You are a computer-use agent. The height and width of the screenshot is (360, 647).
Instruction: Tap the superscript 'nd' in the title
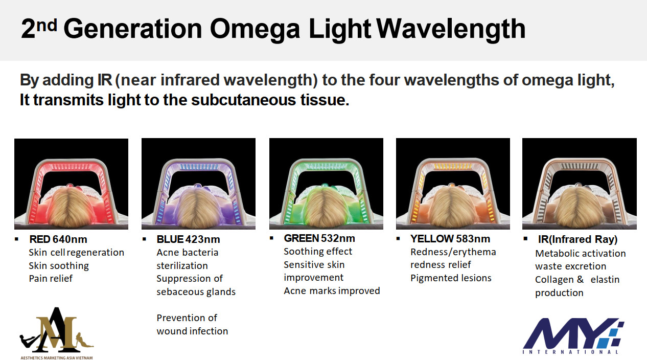coord(47,26)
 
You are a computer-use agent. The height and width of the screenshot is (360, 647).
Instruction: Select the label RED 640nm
coord(58,239)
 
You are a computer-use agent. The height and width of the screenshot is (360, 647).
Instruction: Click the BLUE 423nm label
coord(188,239)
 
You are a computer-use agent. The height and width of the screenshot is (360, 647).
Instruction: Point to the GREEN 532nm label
coord(319,238)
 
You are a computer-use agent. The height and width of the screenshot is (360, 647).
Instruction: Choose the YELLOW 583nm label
coord(450,239)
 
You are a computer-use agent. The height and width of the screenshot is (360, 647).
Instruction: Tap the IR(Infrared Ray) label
coord(577,239)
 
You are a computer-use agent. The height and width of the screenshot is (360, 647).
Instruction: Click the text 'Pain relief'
coord(51,279)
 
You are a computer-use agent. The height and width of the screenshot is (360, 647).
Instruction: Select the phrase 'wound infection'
coord(192,331)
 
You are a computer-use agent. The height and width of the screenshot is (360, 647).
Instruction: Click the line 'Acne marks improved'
coord(332,290)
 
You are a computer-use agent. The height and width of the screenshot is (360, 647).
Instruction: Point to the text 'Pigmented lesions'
coord(451,278)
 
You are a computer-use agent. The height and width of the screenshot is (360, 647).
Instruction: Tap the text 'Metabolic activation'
coord(580,254)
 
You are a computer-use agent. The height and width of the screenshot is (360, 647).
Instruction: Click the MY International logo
coord(573,336)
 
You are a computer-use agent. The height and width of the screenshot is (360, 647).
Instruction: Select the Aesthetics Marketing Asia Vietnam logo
coord(57,333)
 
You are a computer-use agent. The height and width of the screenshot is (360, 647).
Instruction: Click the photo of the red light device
coord(71,184)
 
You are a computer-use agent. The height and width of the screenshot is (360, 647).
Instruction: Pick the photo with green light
coord(326,184)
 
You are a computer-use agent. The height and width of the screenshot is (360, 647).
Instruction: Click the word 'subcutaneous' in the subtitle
coord(243,100)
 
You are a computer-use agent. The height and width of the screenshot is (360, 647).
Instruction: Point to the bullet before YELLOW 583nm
coord(398,238)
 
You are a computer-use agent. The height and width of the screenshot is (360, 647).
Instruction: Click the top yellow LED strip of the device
coord(453,166)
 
